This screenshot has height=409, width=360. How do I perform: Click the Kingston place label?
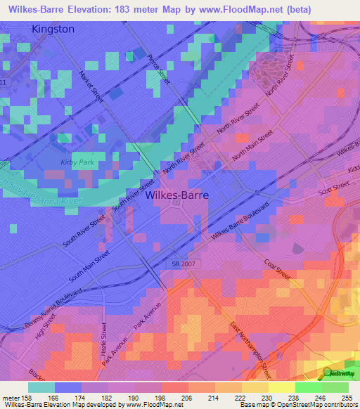[53, 29]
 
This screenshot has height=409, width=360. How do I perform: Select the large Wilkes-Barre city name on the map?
[176, 197]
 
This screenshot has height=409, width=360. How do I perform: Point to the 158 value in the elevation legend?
[22, 398]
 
